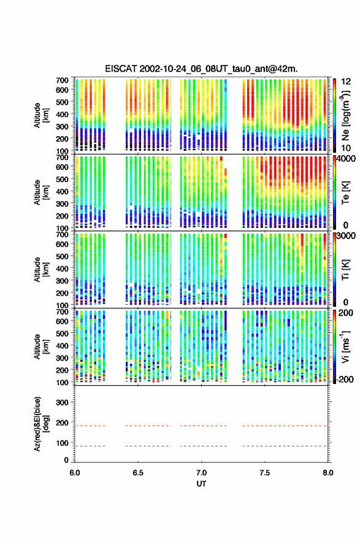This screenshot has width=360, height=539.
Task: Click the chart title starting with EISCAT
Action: [201, 69]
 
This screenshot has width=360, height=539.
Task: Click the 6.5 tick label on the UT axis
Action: [138, 473]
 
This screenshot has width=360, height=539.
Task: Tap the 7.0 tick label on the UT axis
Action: [202, 473]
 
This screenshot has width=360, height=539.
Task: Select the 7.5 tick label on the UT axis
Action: [265, 473]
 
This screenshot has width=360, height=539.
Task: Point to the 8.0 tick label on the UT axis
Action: [328, 473]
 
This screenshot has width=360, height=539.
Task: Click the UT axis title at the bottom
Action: [202, 484]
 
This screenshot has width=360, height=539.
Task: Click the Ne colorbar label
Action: [345, 115]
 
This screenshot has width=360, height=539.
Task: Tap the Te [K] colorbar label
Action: [345, 193]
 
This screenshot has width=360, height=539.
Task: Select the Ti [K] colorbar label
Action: [345, 270]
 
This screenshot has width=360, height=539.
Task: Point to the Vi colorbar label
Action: [345, 346]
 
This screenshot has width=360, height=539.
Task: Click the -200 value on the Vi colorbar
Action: [344, 379]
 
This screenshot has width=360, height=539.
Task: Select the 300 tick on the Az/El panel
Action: [62, 402]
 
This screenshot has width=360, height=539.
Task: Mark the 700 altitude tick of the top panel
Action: [62, 80]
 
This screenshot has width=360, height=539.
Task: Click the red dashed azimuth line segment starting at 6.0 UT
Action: [90, 426]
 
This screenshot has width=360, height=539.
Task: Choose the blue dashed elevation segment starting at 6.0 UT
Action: [90, 446]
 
